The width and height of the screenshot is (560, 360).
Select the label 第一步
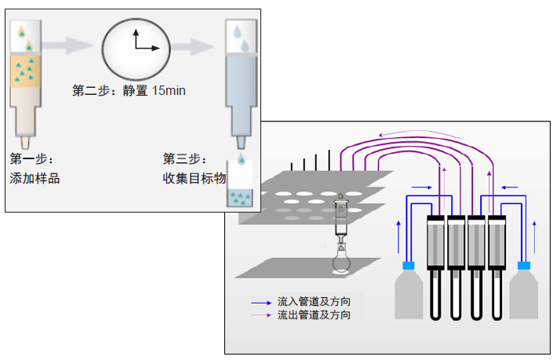(x=31, y=158)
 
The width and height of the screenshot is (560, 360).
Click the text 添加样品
(x=35, y=178)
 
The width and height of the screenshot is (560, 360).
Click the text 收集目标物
(x=189, y=178)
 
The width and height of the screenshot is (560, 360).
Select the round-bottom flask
(x=341, y=263)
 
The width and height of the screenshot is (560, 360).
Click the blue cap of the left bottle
(x=408, y=266)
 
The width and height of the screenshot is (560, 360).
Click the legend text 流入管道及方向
(x=314, y=301)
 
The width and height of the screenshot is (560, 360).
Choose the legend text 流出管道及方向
(x=314, y=315)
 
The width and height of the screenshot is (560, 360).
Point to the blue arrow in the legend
(x=261, y=302)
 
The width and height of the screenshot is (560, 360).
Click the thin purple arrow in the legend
(x=261, y=315)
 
